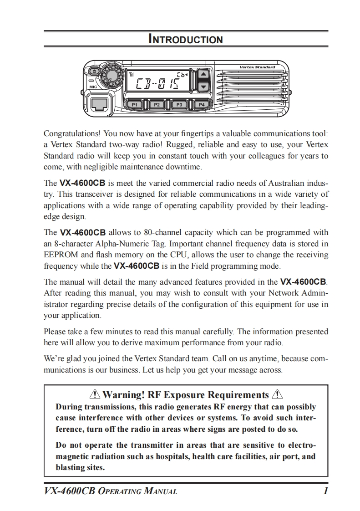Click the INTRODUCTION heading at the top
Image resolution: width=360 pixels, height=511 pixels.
pos(186,39)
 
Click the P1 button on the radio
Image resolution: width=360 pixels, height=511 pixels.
pos(134,104)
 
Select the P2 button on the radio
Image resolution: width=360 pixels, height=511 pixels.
pos(157,104)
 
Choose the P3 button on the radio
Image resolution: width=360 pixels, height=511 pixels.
pos(179,104)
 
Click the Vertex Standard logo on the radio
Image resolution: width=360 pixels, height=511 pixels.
pos(257,67)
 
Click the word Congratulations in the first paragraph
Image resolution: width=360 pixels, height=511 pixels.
pos(72,134)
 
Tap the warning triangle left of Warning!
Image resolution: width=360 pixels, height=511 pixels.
pos(95,394)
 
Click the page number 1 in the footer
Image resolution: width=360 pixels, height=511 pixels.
pos(325,491)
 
